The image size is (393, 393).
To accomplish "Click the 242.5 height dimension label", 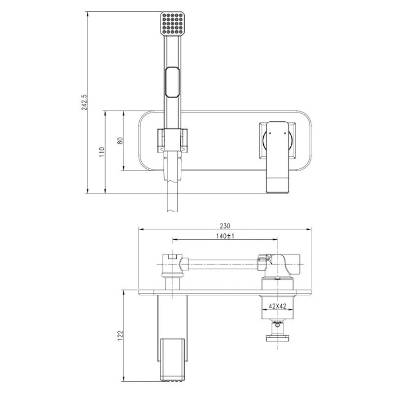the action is (x=84, y=102).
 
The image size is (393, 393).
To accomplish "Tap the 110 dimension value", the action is (x=102, y=152).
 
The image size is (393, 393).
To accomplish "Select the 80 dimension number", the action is (x=121, y=141).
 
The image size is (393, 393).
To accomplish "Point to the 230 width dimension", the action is (x=225, y=226).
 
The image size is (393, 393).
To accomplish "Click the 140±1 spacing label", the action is (x=225, y=236).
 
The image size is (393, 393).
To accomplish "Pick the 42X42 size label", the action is (x=277, y=306).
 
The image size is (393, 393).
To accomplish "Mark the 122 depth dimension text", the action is (x=121, y=335).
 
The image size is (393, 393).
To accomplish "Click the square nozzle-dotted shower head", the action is (x=172, y=23).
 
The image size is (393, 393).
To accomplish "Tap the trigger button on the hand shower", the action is (x=172, y=82).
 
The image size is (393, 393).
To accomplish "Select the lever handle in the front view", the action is (x=277, y=157).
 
